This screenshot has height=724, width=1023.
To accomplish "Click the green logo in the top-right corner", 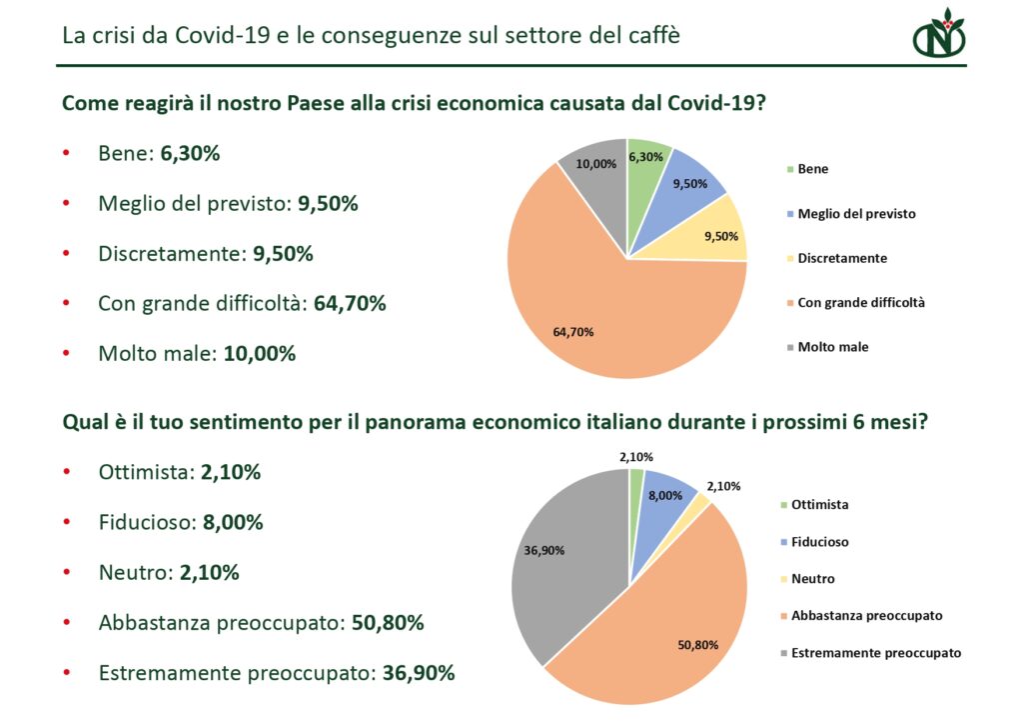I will (x=938, y=36).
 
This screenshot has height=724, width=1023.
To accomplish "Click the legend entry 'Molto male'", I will (x=832, y=347).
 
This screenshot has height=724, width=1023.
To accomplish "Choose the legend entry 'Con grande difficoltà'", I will (x=860, y=302).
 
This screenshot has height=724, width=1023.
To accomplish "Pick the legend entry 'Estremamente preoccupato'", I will (x=875, y=653).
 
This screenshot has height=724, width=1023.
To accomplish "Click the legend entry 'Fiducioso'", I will (x=819, y=542).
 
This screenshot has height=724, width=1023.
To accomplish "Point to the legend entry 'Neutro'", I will (x=812, y=579).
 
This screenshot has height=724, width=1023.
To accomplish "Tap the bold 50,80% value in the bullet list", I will (x=388, y=623).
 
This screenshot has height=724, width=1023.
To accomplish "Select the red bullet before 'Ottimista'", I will (x=66, y=473).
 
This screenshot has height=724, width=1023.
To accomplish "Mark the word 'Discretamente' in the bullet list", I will (x=170, y=254).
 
